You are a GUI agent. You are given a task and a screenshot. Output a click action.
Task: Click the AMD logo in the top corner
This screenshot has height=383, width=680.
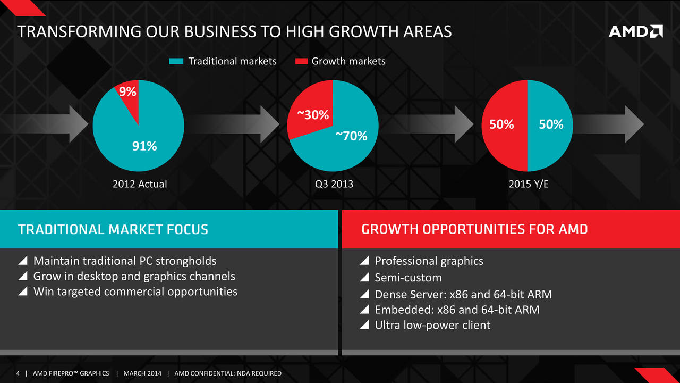[636, 31]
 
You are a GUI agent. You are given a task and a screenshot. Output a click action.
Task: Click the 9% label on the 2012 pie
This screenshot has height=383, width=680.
[127, 91]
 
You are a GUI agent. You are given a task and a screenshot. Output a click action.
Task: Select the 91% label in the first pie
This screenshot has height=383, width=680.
[144, 146]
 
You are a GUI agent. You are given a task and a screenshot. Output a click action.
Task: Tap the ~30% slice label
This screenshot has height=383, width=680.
[313, 115]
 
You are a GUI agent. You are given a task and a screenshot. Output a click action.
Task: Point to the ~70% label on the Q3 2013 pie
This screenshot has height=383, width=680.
[352, 136]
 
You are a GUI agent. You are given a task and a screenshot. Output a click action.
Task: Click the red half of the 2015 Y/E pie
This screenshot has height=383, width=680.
[505, 126]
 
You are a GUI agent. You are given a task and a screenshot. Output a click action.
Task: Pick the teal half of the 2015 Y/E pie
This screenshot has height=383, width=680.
[550, 126]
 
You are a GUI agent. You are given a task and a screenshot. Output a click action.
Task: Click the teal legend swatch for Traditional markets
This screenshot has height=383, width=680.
[176, 61]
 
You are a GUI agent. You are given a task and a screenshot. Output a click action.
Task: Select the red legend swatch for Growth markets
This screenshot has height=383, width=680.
[301, 61]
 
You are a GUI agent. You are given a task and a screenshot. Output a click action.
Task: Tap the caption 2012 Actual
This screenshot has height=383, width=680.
[140, 184]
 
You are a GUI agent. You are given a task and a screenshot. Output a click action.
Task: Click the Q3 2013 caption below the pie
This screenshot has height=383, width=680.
[334, 184]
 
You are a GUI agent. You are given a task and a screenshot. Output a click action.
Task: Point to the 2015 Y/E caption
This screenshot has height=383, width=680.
[529, 184]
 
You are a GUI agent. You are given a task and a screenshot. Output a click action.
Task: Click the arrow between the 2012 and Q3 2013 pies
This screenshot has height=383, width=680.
[235, 124]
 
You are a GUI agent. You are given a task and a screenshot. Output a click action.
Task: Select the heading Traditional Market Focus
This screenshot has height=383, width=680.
[113, 229]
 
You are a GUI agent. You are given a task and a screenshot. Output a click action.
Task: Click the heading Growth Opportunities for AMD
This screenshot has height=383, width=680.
[474, 229]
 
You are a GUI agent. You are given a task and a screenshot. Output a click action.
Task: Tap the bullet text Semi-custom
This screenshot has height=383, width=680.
[409, 278]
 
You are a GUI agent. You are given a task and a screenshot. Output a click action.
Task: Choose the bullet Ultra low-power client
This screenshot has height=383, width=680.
[432, 325]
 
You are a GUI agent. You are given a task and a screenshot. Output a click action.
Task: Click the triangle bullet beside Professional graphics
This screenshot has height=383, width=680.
[364, 261]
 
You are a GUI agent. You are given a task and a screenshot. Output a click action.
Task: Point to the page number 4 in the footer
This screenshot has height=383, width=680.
[18, 373]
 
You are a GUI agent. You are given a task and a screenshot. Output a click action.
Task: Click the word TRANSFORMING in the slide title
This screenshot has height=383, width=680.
[79, 31]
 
